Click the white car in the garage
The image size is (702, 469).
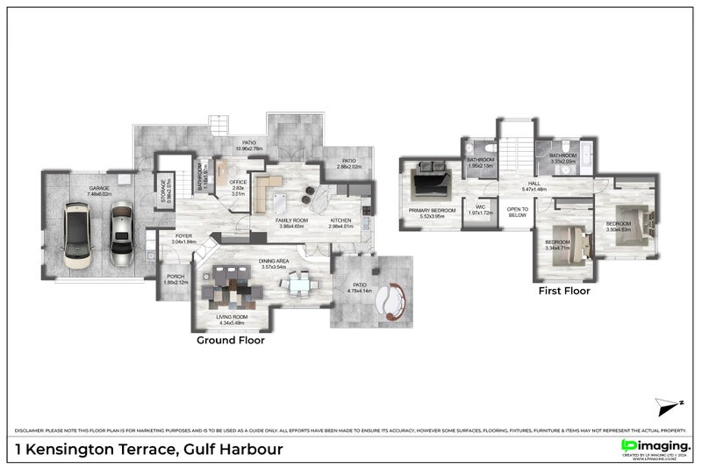point(78,234)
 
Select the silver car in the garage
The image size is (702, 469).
point(120,234)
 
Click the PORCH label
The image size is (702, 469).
point(175,279)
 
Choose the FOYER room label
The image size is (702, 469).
point(183,237)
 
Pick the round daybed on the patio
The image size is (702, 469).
point(390,301)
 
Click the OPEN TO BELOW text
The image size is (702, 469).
point(517,212)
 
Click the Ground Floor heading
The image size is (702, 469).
point(230,340)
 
